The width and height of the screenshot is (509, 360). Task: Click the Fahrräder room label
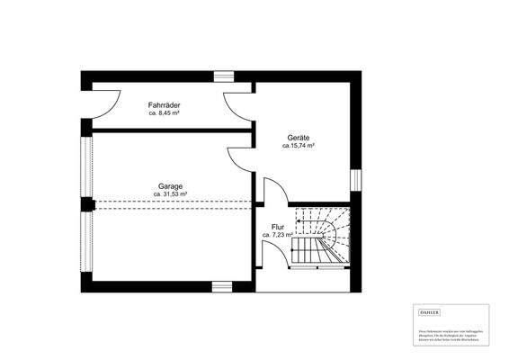(165, 106)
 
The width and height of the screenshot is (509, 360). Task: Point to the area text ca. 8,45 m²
(165, 114)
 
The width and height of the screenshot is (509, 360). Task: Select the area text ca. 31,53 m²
(170, 193)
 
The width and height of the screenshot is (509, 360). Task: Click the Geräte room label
(298, 137)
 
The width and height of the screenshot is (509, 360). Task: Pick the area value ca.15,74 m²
(298, 145)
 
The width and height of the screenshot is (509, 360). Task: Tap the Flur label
(277, 227)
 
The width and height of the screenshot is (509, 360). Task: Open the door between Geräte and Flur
(275, 191)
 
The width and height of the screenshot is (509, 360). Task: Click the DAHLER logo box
(431, 310)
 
